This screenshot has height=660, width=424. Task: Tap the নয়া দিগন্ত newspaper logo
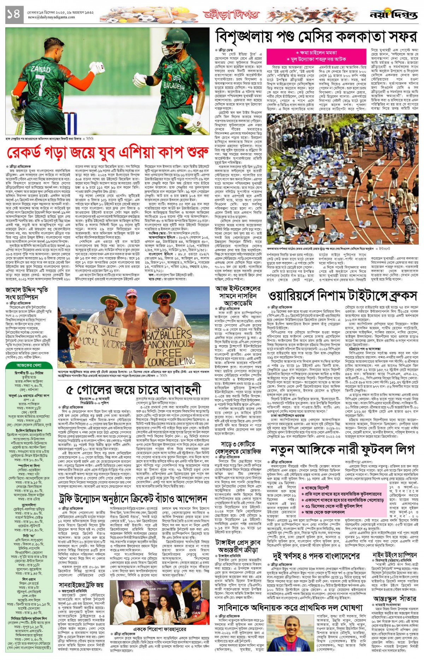pos(393,14)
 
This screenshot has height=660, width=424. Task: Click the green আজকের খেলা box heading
pos(29,365)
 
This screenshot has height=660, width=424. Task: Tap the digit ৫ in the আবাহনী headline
pos(70,390)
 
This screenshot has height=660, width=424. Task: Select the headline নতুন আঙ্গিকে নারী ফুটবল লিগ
pos(342,450)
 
